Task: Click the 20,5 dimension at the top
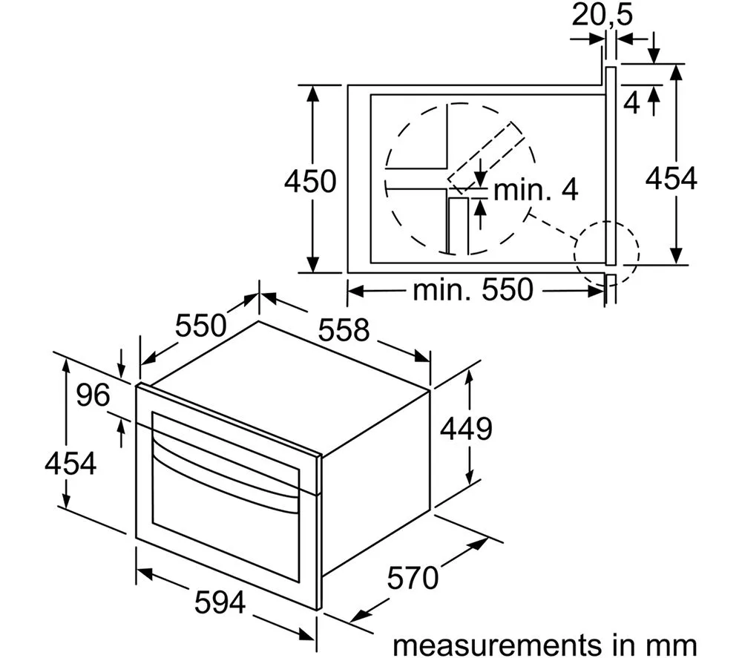602,15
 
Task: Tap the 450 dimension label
310,181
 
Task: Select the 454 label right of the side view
672,179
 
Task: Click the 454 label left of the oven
70,463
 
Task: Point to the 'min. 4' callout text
536,190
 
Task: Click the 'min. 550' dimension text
473,289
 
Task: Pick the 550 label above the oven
201,326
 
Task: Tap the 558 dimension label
344,329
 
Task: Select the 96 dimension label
93,395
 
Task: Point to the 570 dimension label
413,578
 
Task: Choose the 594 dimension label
220,602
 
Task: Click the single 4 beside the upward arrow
631,102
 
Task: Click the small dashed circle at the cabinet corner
606,254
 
